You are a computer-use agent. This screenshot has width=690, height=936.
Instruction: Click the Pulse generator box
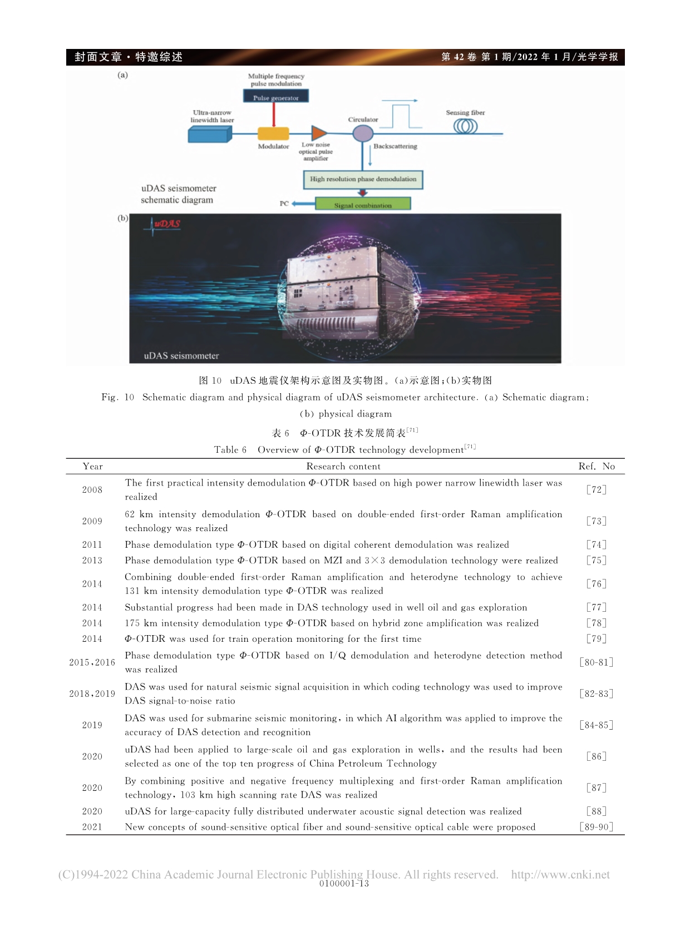[275, 97]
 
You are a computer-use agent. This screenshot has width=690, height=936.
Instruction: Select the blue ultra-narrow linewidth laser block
[210, 134]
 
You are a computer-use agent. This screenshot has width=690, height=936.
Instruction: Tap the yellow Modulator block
[273, 133]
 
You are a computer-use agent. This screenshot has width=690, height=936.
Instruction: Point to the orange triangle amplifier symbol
[319, 133]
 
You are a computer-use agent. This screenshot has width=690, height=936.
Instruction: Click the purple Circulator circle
[363, 133]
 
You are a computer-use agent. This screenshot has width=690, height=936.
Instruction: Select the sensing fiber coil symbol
[465, 126]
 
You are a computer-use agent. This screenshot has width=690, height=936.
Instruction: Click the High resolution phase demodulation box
[363, 179]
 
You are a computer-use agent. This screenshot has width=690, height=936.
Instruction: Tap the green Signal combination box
[363, 205]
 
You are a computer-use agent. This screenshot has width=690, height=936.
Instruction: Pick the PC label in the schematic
[284, 204]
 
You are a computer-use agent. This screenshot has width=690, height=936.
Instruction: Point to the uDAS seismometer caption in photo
[181, 355]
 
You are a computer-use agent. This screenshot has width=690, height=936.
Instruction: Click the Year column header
[92, 467]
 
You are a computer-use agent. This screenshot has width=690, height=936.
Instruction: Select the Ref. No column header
[597, 467]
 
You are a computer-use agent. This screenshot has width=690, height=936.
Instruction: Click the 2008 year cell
[92, 490]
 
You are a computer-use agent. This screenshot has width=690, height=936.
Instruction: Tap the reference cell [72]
[597, 490]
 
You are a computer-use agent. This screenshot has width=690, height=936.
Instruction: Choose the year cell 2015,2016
[92, 662]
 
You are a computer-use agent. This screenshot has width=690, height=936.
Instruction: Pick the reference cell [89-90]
[597, 827]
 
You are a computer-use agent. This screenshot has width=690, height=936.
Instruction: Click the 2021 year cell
[92, 827]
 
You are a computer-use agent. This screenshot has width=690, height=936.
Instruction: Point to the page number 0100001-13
[344, 884]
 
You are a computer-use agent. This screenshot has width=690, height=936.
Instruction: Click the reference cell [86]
[597, 756]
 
